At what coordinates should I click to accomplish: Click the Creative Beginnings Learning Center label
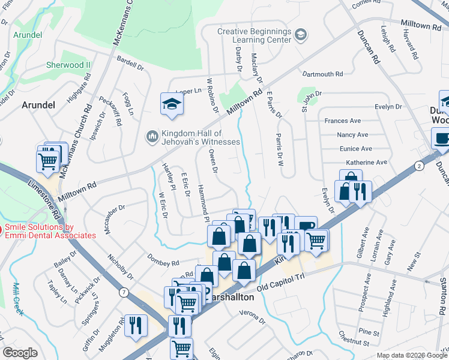pyautogui.click(x=254, y=36)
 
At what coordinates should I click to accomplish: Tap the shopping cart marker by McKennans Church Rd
pyautogui.click(x=48, y=160)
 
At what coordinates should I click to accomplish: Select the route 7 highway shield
pyautogui.click(x=122, y=292)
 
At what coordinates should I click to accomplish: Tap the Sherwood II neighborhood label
pyautogui.click(x=68, y=65)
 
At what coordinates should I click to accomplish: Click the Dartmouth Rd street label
pyautogui.click(x=322, y=74)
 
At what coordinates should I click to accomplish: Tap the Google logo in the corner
pyautogui.click(x=20, y=352)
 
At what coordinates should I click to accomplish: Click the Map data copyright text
pyautogui.click(x=411, y=355)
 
